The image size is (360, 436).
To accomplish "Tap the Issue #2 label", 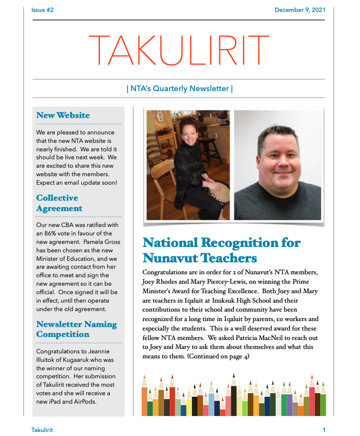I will click(x=42, y=10).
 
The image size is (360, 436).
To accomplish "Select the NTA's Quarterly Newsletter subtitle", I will click(x=180, y=89).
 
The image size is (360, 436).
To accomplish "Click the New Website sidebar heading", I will click(x=63, y=115).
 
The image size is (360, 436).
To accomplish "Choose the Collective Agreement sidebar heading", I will click(x=59, y=203).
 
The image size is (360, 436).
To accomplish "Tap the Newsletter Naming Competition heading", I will click(x=76, y=329).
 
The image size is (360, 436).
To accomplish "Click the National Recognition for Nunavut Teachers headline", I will click(x=221, y=250).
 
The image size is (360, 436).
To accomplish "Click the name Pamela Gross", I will click(x=103, y=242).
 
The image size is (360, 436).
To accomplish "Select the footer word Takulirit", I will click(x=42, y=430).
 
